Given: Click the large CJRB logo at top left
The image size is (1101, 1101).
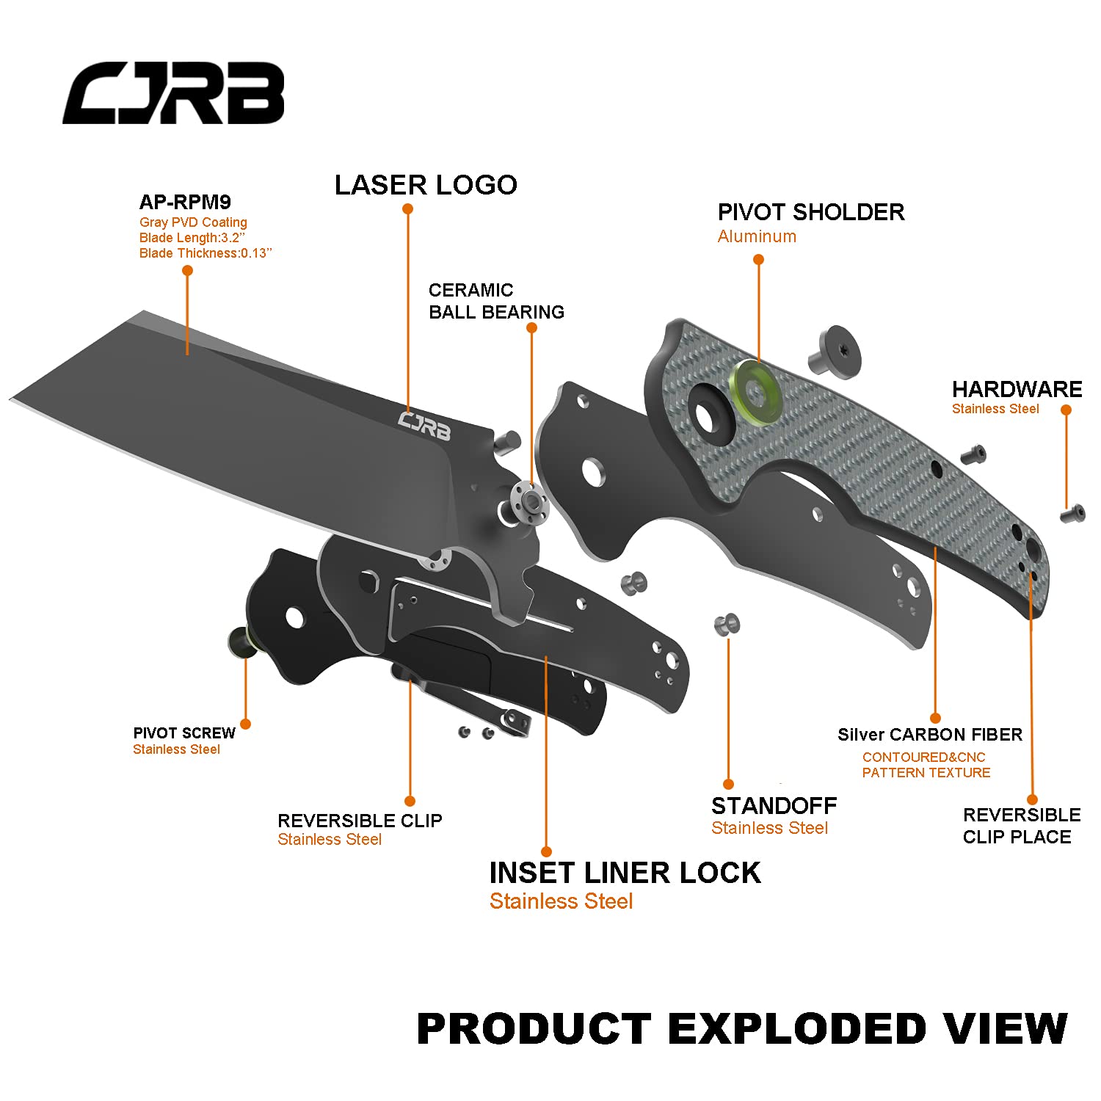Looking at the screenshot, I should click(x=173, y=92).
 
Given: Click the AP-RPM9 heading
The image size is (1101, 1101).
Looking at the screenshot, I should click(x=185, y=202).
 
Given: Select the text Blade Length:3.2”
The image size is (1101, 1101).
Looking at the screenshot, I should click(x=192, y=238).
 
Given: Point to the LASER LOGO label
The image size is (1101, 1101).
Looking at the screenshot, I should click(x=426, y=185).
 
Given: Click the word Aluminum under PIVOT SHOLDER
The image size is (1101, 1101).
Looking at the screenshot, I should click(x=757, y=236).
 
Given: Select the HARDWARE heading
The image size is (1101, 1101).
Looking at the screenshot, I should click(x=1017, y=389).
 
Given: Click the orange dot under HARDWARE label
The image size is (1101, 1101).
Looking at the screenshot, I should click(x=1067, y=410).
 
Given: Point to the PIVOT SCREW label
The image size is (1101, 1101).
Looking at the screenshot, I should click(x=184, y=733).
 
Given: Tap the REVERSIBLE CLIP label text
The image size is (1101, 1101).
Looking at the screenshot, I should click(x=360, y=821).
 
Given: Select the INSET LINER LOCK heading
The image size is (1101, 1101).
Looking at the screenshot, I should click(x=625, y=873).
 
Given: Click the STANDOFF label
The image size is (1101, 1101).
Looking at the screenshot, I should click(x=774, y=806).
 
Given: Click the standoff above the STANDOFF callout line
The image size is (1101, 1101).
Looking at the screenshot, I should click(x=727, y=625).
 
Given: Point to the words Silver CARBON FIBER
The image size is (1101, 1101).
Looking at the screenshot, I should click(x=930, y=735).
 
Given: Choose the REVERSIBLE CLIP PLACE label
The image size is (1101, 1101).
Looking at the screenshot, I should click(x=1021, y=826).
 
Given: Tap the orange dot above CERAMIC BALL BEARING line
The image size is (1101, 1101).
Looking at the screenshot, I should click(x=532, y=327).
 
